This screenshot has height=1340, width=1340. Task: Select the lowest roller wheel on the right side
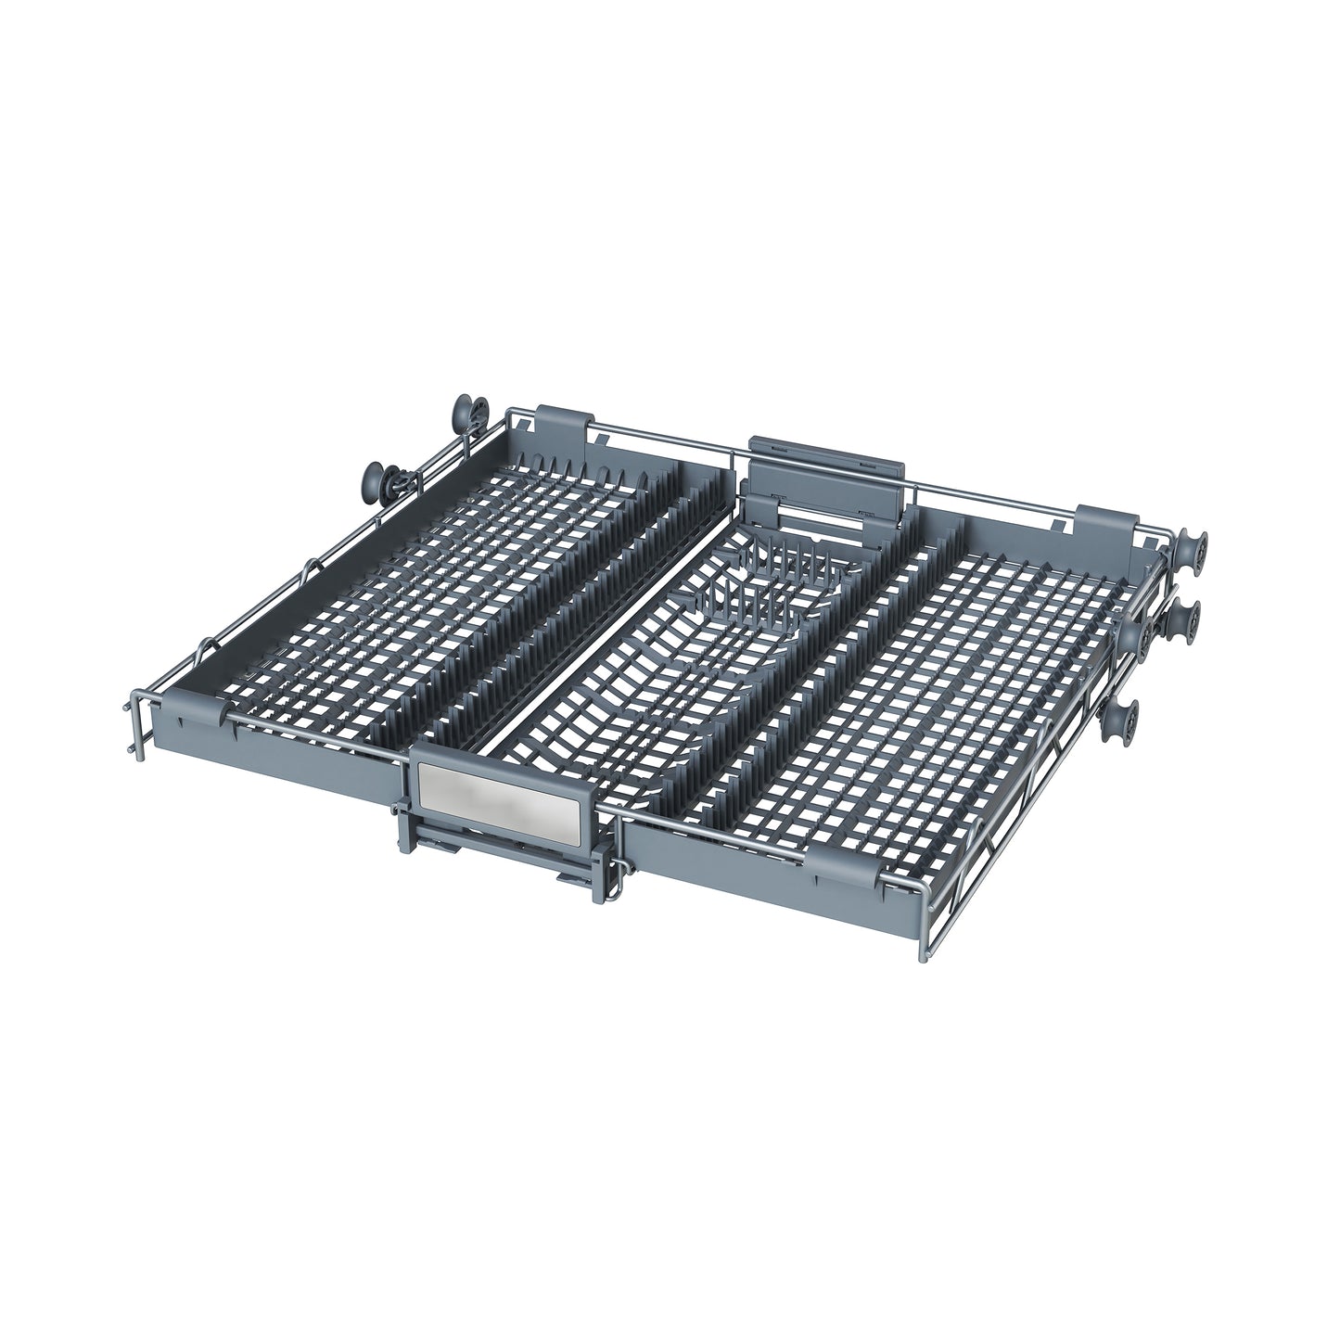(x=1124, y=719)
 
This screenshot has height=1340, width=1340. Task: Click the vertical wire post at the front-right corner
(x=923, y=909)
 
